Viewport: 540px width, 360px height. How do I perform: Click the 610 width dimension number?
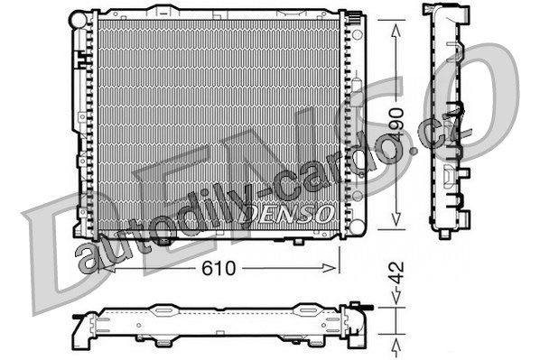pos(219,268)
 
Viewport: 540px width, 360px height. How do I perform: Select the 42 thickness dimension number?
pos(397,272)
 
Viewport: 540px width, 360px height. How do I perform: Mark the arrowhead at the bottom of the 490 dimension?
pos(396,219)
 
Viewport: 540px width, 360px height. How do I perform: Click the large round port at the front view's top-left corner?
pos(79,20)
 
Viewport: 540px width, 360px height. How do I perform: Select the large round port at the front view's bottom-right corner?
pos(357,226)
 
